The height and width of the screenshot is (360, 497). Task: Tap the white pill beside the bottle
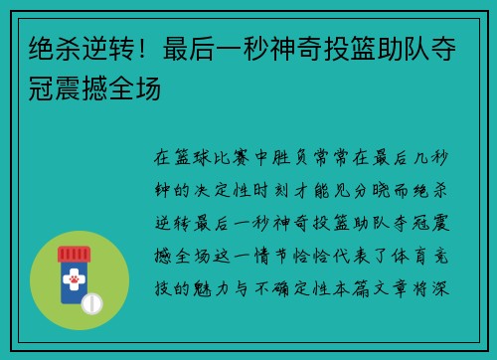click(x=91, y=300)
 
